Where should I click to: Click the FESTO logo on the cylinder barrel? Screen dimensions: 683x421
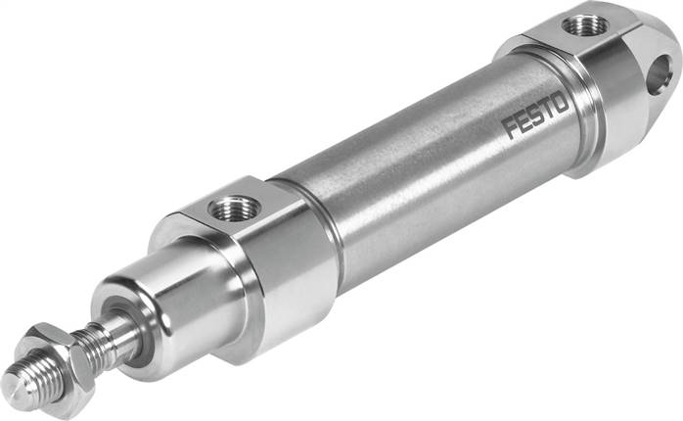(536, 115)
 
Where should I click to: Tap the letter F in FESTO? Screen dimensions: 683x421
(510, 128)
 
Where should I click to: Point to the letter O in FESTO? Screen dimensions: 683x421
(561, 104)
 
